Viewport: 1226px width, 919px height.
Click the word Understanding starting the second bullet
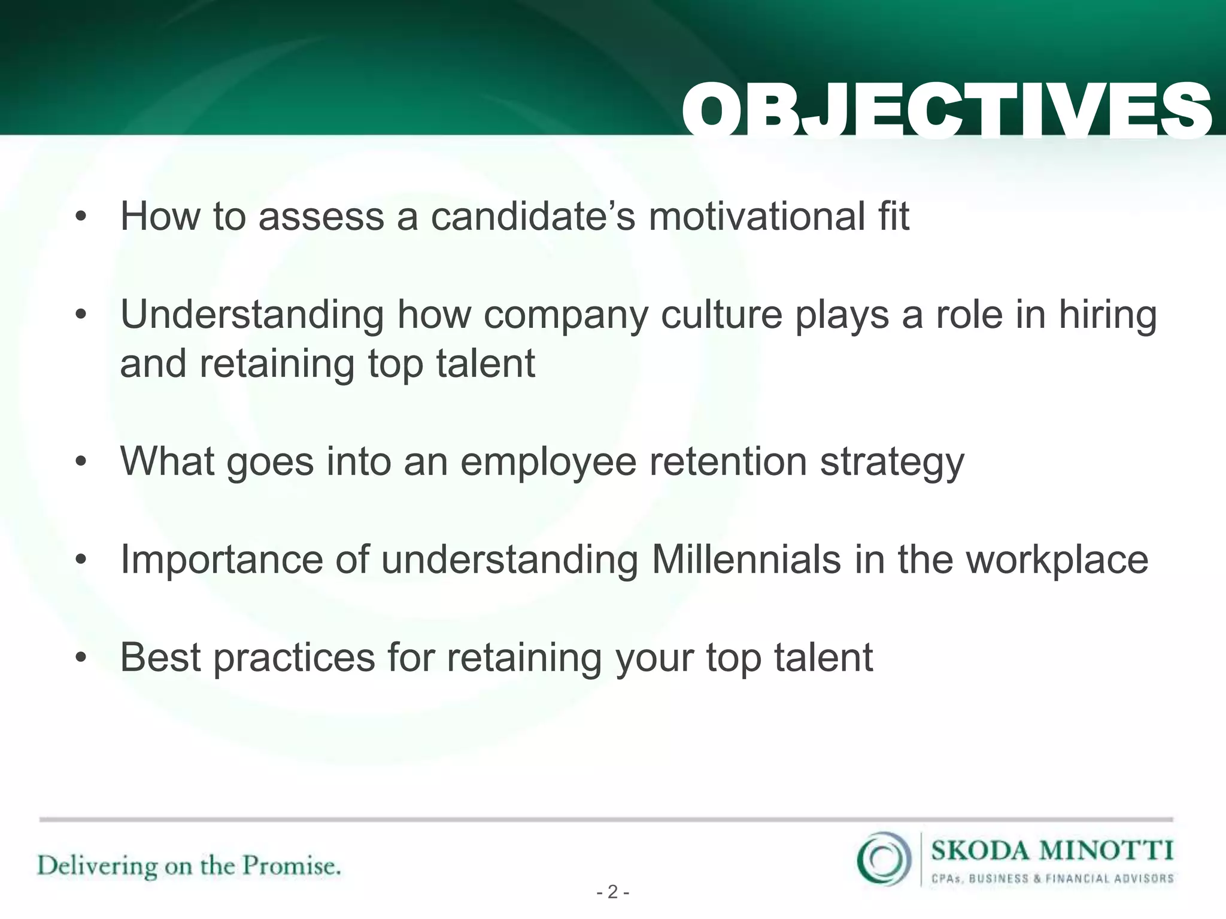(x=251, y=316)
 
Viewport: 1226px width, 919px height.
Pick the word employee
(x=548, y=463)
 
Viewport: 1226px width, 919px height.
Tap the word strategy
(x=892, y=463)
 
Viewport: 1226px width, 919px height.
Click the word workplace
(x=1057, y=561)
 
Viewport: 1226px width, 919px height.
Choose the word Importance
(x=221, y=561)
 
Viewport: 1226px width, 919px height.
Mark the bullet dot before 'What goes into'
(x=81, y=463)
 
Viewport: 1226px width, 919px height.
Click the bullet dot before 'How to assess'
(x=81, y=218)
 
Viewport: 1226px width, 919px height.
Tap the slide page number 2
(x=612, y=893)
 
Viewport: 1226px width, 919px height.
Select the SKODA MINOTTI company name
(x=1052, y=850)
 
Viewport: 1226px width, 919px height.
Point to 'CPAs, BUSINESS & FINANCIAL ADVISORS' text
(x=1052, y=879)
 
